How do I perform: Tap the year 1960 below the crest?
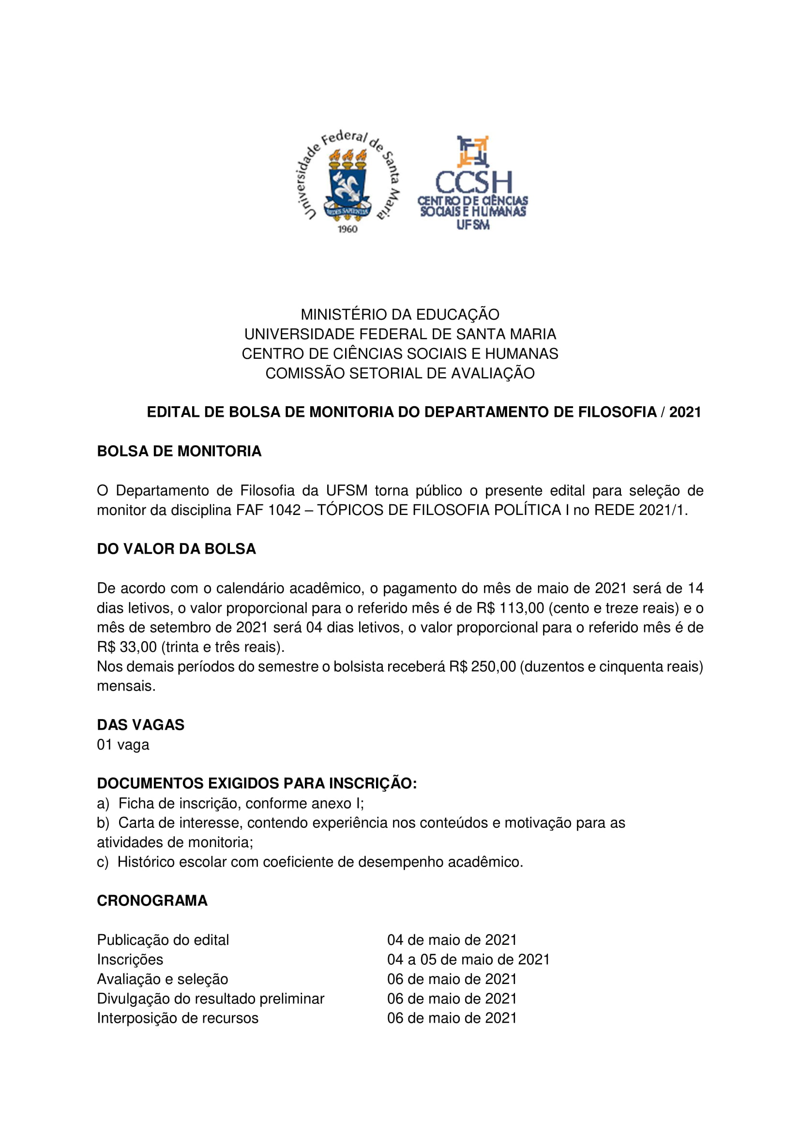pos(347,229)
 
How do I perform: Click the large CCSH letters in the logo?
pos(473,183)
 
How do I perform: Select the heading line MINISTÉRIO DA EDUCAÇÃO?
pos(400,314)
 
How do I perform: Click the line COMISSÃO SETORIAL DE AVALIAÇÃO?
pos(400,373)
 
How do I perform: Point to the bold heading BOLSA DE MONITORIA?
pos(179,451)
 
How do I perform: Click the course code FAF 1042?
pos(268,510)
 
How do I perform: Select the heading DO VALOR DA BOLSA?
pos(177,549)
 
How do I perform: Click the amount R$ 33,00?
pos(127,647)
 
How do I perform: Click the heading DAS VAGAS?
pos(140,725)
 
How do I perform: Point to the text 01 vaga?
pos(123,744)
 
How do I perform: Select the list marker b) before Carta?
pos(103,823)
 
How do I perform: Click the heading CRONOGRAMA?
pos(152,901)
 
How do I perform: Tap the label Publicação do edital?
pos(163,940)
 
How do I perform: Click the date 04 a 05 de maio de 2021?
pos(468,959)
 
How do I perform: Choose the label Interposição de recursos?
pos(178,1018)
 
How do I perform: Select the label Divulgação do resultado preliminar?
pos(211,999)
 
